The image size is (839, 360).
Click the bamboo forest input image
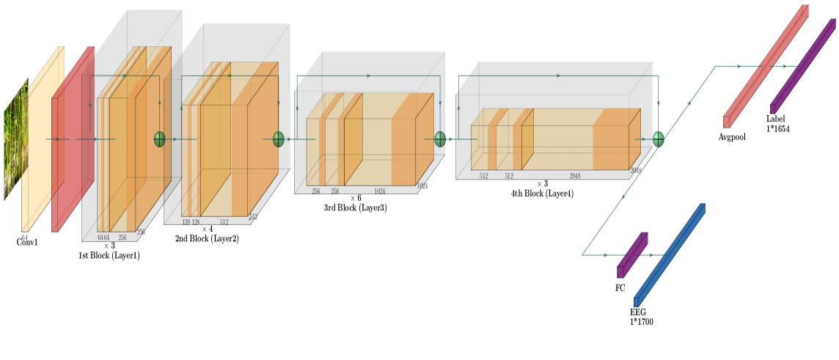[15, 139]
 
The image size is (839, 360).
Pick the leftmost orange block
[132, 147]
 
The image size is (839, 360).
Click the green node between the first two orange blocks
[159, 139]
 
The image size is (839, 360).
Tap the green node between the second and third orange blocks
[279, 139]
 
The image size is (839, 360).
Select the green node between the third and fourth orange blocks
[440, 139]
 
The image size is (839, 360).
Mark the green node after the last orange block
[658, 139]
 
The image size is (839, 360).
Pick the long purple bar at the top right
[803, 66]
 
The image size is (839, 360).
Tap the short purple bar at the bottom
[632, 254]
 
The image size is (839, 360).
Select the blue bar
[670, 254]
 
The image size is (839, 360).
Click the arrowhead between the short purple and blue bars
[651, 255]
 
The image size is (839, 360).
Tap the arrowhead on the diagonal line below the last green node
[623, 196]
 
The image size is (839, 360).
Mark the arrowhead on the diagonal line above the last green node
[688, 104]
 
